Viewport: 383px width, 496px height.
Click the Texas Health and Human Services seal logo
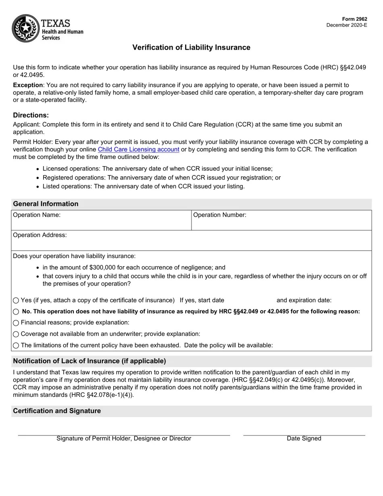(x=25, y=28)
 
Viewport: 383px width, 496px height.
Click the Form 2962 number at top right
(x=354, y=19)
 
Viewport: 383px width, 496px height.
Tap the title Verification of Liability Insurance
(x=191, y=48)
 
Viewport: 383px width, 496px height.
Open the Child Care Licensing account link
(x=138, y=150)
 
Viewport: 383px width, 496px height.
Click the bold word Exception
(x=28, y=85)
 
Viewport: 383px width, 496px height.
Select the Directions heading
(x=31, y=115)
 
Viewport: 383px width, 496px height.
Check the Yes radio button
(x=16, y=300)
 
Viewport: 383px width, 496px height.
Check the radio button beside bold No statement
(x=16, y=312)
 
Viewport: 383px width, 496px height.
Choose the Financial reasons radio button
(x=16, y=323)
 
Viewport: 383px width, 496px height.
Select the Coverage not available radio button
(x=16, y=334)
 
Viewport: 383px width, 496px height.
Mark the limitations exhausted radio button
(x=16, y=346)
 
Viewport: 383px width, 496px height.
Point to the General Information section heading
(x=46, y=204)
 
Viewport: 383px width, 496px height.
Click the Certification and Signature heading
(x=57, y=411)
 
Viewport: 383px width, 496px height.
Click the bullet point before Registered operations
(x=37, y=178)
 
